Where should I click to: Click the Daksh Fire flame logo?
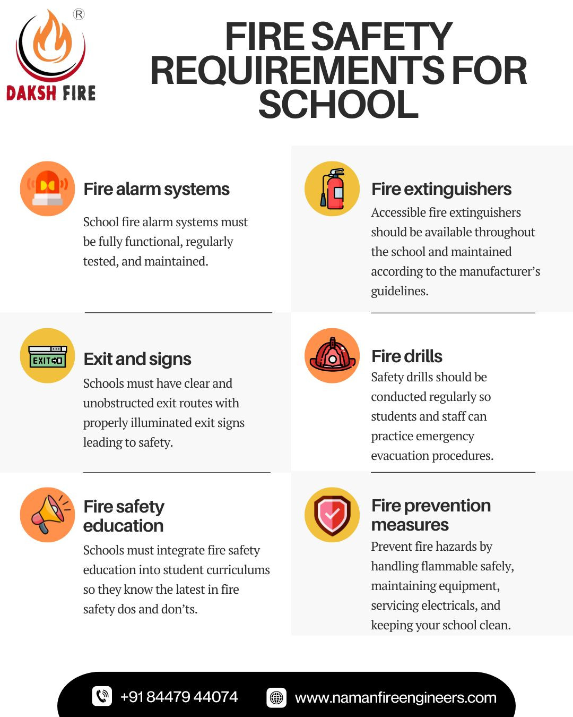(51, 45)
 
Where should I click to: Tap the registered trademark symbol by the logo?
(79, 14)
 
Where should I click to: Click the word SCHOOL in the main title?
(338, 105)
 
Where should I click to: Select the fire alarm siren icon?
(47, 189)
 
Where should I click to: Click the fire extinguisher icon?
(333, 189)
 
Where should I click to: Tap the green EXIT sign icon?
(47, 356)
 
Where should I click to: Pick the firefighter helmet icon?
(333, 355)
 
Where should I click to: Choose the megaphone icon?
(47, 515)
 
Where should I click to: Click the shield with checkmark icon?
(333, 515)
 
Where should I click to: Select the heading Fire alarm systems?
(157, 189)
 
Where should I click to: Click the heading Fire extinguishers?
(441, 189)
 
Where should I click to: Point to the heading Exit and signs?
(137, 359)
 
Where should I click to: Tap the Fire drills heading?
(406, 356)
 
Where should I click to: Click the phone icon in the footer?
(102, 696)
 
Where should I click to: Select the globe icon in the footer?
(276, 697)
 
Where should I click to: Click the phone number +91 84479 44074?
(179, 697)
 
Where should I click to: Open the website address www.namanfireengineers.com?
(395, 697)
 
